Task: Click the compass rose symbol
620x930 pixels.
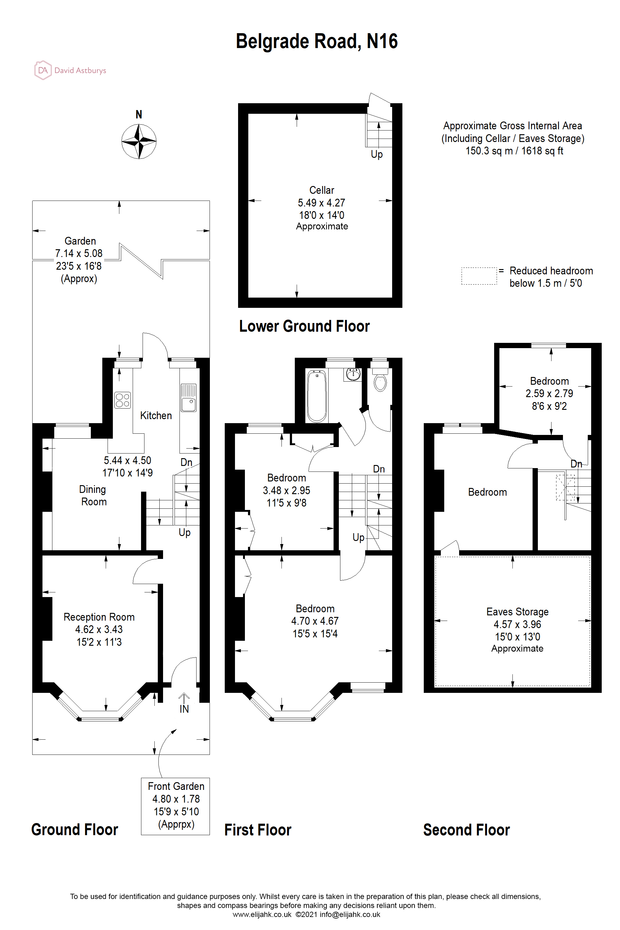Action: [x=139, y=141]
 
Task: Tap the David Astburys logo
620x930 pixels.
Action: [x=70, y=70]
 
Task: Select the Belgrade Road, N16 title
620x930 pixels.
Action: [x=316, y=41]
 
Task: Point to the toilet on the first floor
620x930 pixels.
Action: [x=380, y=382]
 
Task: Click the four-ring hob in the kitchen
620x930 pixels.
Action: [x=122, y=400]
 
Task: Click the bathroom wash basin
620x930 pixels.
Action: [x=353, y=374]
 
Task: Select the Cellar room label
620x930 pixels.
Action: [x=321, y=190]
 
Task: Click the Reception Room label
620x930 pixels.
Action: [x=99, y=617]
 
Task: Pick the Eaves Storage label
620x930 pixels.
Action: [x=517, y=612]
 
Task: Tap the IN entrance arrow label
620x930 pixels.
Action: [x=184, y=709]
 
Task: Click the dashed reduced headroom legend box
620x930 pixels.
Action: [x=479, y=276]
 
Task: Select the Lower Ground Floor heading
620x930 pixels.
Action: [x=304, y=326]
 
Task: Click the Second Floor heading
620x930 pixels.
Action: [x=466, y=830]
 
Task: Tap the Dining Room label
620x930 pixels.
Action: [x=93, y=495]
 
